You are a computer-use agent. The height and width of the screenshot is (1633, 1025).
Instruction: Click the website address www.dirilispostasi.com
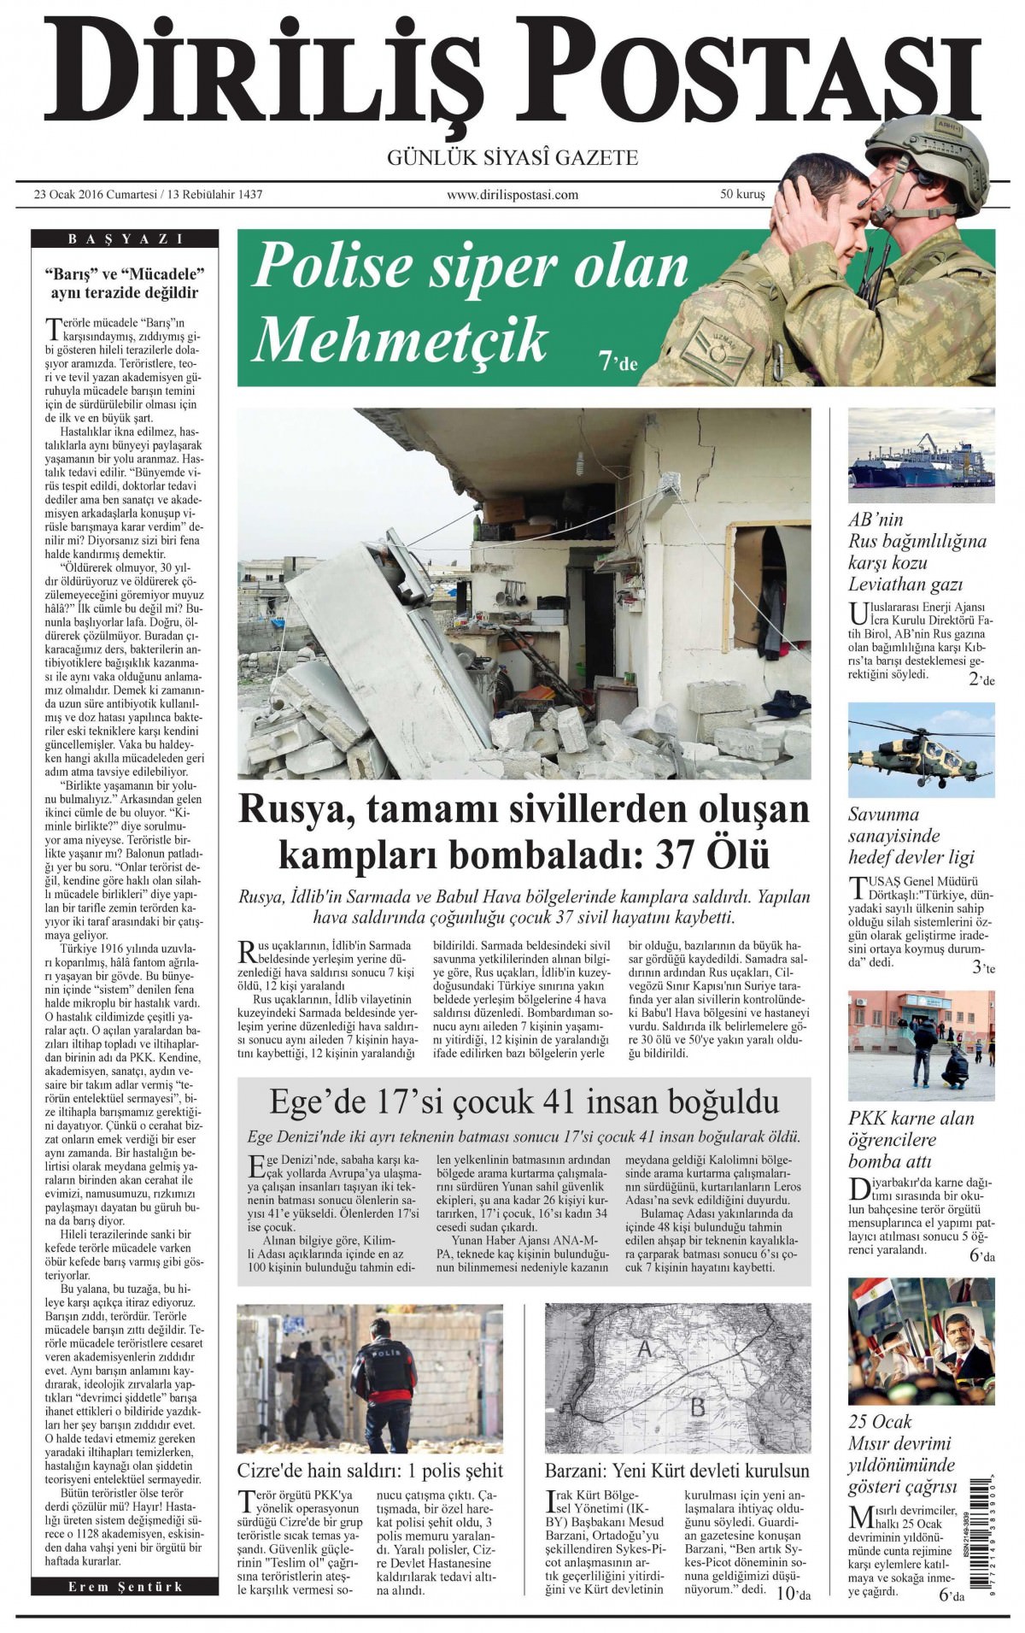[x=512, y=195]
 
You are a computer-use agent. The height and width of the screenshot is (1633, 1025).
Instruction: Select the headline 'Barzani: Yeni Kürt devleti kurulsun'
[x=676, y=1471]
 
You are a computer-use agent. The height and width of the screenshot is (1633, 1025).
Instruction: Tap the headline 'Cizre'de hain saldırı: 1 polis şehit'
[x=370, y=1471]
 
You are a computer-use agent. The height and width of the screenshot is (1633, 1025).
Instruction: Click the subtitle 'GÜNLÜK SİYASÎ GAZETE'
[x=512, y=157]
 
